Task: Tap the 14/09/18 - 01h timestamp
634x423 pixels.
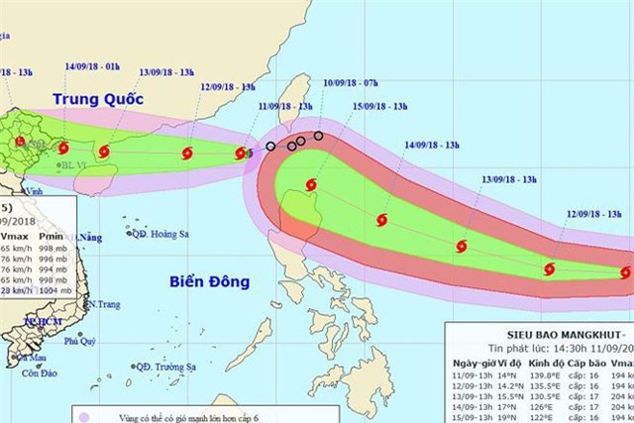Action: (x=93, y=66)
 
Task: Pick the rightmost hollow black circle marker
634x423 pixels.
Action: (x=319, y=136)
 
